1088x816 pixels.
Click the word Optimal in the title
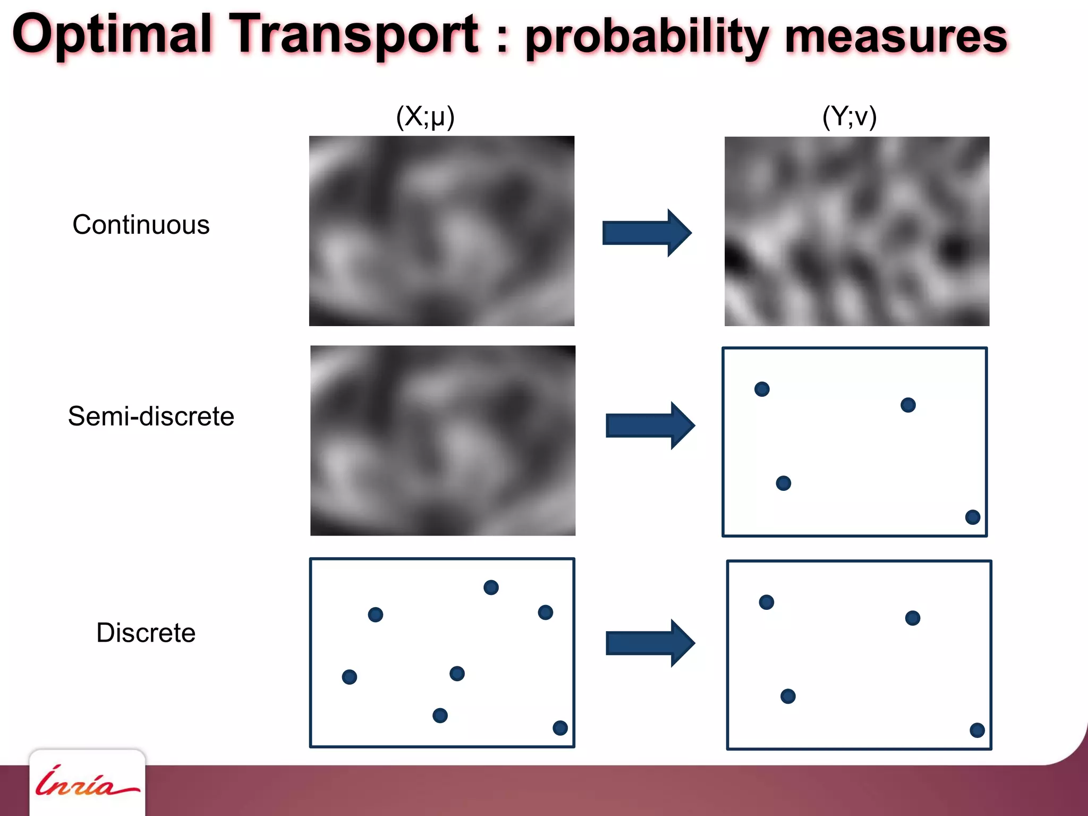112,35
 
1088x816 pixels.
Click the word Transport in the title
356,35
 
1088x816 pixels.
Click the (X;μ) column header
425,117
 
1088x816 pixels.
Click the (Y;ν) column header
849,117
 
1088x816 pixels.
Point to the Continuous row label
141,225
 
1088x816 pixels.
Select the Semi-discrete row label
151,416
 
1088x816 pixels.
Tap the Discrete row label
146,633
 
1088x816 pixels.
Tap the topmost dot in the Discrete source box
491,588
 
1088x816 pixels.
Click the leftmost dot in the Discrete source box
350,677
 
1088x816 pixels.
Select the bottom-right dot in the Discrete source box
560,728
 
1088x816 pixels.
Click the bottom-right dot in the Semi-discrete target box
973,517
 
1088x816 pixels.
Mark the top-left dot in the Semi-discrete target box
762,389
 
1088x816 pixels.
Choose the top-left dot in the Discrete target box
767,602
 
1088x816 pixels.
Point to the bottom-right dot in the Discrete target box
977,730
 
